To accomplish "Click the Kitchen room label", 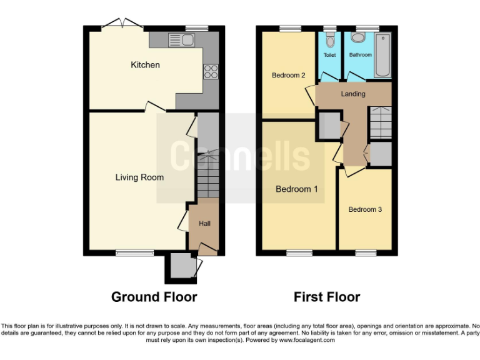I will (x=145, y=65).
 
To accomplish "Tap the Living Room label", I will (x=139, y=177).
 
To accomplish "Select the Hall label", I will (x=204, y=224).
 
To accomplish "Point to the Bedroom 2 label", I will (x=288, y=76).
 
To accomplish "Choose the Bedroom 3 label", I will (x=365, y=209).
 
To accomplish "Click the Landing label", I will (x=352, y=94).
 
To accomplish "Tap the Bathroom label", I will (x=361, y=55).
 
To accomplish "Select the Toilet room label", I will (x=329, y=55).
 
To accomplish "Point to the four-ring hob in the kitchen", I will (x=210, y=72).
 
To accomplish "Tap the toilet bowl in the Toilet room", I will (x=330, y=40).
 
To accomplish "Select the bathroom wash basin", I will (x=358, y=37).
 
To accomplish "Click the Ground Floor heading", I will (x=154, y=297).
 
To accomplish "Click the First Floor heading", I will (x=327, y=297).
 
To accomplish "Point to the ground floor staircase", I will (x=207, y=175).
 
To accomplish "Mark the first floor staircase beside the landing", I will (x=379, y=122).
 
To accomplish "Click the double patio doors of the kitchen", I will (x=122, y=25).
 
